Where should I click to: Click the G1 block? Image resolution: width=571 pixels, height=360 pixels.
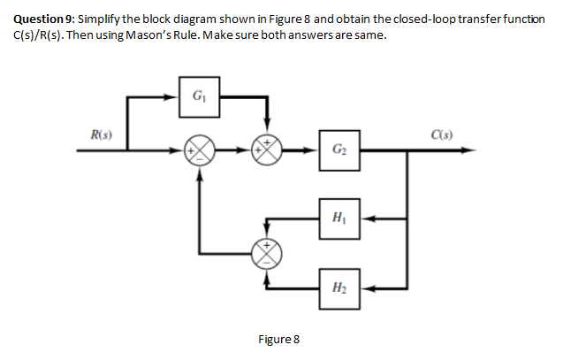pos(200,95)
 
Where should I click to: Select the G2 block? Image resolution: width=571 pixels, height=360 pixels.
pos(340,150)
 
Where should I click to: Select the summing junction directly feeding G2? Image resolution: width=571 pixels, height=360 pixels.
pos(268,150)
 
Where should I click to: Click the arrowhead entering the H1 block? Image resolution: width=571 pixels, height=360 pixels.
pos(366,216)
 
